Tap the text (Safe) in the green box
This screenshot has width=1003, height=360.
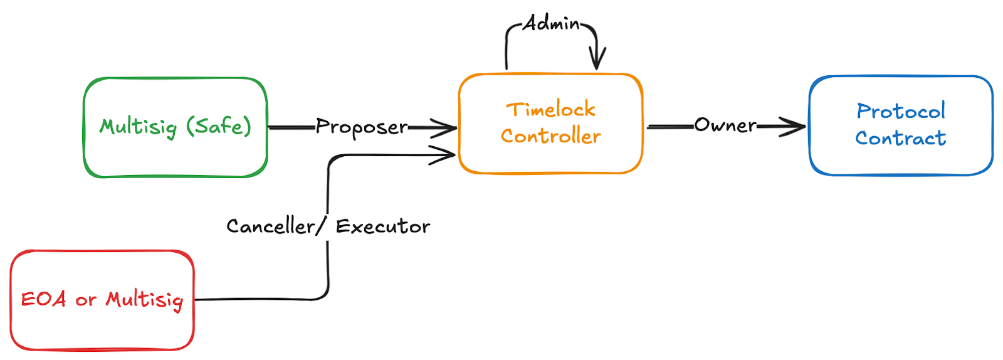coord(219,126)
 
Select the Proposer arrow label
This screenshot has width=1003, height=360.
coord(362,127)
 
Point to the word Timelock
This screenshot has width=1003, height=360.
coord(550,110)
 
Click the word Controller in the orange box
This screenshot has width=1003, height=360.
coord(550,136)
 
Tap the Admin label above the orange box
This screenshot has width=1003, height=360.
coord(552,24)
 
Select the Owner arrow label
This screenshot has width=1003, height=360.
coord(725,125)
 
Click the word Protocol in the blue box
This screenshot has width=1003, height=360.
coord(901,111)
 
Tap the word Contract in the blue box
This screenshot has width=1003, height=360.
coord(901,138)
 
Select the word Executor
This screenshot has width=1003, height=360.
coord(383,226)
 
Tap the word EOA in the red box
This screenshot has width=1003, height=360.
coord(43,299)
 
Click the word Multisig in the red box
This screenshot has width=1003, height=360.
coord(144,300)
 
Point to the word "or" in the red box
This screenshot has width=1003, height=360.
coord(86,300)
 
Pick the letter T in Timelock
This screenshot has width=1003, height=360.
coord(513,110)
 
